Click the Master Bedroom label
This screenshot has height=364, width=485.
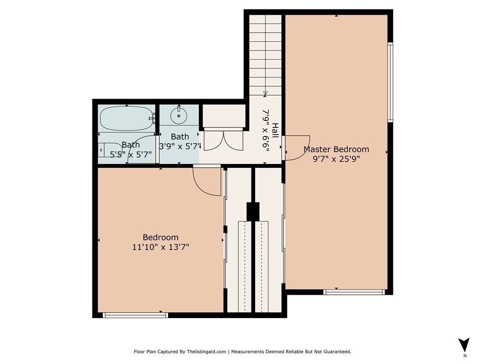tap(336, 149)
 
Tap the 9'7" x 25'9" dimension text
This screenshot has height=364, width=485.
tap(336, 159)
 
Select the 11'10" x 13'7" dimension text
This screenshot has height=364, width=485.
tap(161, 247)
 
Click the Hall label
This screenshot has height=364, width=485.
tap(275, 130)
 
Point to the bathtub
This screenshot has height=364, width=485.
tap(127, 118)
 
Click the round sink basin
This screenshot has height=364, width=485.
tap(179, 116)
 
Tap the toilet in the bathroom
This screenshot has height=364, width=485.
tap(110, 150)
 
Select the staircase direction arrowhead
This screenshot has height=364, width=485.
tap(265, 93)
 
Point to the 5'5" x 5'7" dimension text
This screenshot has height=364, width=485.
tap(131, 155)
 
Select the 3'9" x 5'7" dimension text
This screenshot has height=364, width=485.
tap(180, 146)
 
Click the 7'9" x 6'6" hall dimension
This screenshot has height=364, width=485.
tap(266, 130)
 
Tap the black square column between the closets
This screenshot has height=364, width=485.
tap(253, 212)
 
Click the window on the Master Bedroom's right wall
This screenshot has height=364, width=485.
tap(390, 82)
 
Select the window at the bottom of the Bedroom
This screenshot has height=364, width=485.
tap(135, 315)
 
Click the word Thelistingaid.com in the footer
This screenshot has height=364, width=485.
tap(207, 352)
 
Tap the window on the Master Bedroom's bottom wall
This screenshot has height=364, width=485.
tap(354, 292)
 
